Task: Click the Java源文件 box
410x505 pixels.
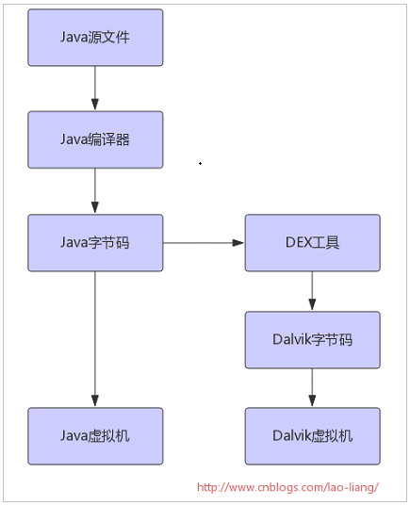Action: [95, 38]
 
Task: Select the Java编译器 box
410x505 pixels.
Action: [95, 139]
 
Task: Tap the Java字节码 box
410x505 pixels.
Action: [95, 243]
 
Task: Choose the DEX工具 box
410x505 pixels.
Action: [312, 243]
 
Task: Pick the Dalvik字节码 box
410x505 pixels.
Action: [312, 340]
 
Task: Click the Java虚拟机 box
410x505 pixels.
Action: [95, 436]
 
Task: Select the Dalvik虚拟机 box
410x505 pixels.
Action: [312, 436]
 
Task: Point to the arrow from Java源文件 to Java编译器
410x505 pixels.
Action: [95, 89]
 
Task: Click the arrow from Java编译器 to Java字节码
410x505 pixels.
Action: [95, 191]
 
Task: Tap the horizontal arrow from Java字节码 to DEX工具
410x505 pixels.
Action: [204, 243]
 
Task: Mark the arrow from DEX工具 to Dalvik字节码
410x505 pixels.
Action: [312, 291]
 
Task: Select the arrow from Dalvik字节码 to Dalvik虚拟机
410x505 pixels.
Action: [312, 388]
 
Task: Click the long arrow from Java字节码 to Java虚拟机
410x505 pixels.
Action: [95, 339]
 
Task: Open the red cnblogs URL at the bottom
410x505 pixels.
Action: [287, 487]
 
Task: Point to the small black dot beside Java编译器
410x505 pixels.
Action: [201, 164]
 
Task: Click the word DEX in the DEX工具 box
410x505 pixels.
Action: [299, 242]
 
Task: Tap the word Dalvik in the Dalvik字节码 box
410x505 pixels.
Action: [288, 339]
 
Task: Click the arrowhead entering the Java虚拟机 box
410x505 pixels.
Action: [95, 401]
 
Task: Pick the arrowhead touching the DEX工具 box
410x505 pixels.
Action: [238, 243]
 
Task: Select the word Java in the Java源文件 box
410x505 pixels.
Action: [74, 38]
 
